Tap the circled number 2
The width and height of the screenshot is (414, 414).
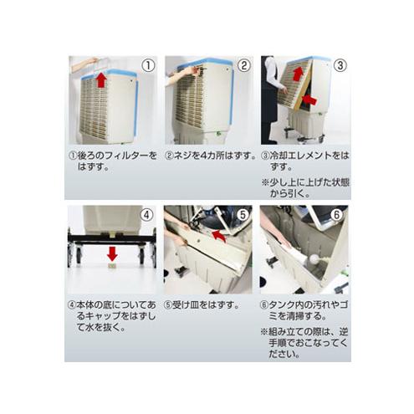coord(243,65)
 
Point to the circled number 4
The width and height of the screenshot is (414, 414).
coord(146,214)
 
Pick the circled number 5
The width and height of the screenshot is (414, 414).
coord(243,214)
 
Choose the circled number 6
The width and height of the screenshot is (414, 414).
coord(339,214)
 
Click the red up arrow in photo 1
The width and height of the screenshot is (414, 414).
coord(102,80)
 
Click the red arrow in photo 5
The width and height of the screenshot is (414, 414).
coord(218,237)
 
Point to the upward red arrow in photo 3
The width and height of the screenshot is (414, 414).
coord(298,74)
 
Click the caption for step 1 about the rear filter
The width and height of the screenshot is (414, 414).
coord(109,161)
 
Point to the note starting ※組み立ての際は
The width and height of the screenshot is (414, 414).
coord(304,342)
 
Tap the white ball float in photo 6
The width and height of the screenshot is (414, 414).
coord(314,259)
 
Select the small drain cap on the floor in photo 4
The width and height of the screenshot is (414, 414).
coord(111,267)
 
